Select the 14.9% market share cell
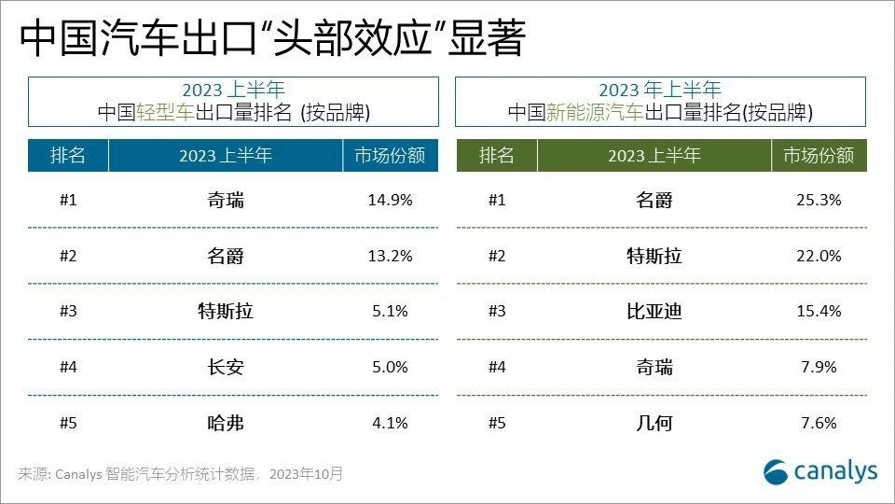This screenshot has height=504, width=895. (x=390, y=200)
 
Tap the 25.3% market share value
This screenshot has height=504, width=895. (x=819, y=200)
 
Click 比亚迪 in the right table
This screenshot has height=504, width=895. (x=654, y=312)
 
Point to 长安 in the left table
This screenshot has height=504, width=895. (x=226, y=367)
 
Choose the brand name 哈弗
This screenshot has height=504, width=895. (x=226, y=423)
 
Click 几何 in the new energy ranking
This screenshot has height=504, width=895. (x=654, y=423)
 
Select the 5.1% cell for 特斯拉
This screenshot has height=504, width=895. (x=390, y=311)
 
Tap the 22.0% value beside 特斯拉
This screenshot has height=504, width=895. (x=819, y=256)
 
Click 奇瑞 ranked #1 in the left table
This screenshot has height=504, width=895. (x=226, y=200)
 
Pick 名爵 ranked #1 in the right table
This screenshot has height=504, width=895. (x=654, y=200)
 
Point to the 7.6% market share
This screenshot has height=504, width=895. (x=819, y=423)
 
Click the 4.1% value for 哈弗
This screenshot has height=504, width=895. (x=390, y=423)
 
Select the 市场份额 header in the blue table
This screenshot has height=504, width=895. (x=390, y=156)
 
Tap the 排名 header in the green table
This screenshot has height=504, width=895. (x=496, y=156)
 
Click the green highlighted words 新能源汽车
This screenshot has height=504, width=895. (x=594, y=113)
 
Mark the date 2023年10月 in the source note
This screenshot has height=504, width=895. (x=306, y=474)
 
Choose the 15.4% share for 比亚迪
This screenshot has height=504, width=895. (x=819, y=311)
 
